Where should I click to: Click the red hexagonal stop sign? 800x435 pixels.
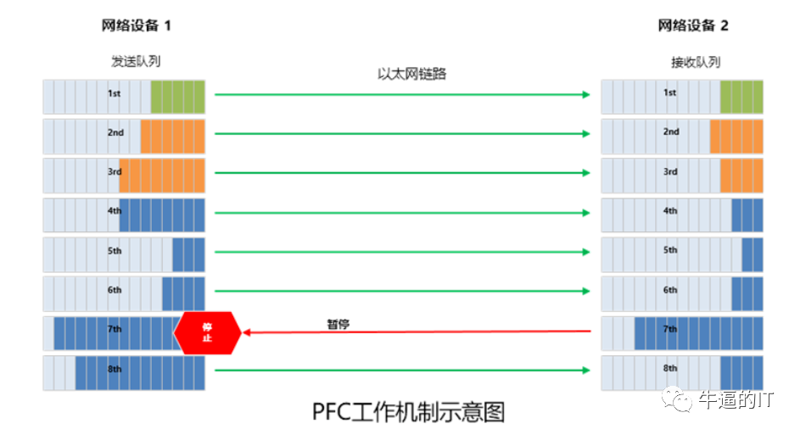coord(207,332)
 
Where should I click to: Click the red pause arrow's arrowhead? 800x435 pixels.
coord(246,332)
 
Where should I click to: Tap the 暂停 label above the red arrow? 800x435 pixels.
coord(338,324)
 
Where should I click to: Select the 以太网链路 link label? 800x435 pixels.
coord(411,74)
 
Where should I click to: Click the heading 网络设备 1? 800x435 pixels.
coord(137,25)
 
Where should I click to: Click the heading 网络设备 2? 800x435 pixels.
coord(693,25)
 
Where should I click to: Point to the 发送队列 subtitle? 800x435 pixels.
coord(136,61)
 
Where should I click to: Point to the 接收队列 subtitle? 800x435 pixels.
coord(696,62)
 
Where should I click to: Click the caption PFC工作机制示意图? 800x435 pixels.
coord(408,412)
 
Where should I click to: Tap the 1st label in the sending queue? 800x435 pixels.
coord(114,93)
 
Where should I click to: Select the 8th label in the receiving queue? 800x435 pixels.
coord(670,368)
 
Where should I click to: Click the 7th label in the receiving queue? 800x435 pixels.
coord(670,329)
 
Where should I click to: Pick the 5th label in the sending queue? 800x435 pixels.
coord(115,251)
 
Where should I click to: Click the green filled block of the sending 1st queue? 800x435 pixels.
coord(177,97)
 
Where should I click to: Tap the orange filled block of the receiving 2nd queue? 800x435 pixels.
coord(736,137)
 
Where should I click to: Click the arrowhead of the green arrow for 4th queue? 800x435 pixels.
coord(586,213)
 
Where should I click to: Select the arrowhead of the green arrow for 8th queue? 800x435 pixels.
coord(586,371)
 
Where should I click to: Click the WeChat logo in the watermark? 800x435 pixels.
coord(676,399)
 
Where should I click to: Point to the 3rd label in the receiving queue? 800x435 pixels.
coord(670,172)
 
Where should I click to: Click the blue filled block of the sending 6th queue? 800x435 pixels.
coord(183,293)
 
